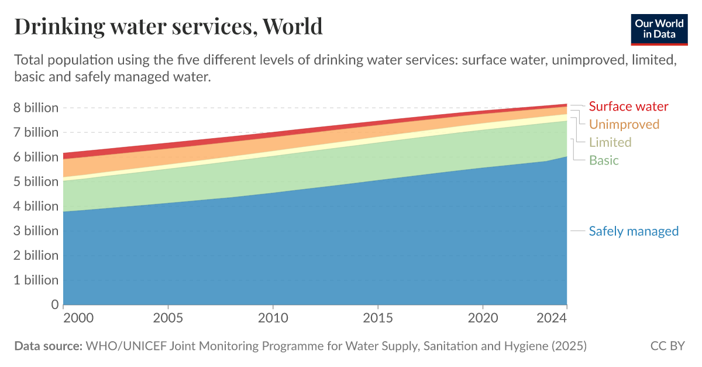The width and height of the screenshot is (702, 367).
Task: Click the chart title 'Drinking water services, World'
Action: coord(168,26)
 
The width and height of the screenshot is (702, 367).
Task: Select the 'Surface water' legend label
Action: coord(628,107)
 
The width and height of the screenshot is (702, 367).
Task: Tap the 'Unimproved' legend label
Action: coord(624,124)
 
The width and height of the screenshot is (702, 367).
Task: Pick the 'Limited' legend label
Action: coord(610,142)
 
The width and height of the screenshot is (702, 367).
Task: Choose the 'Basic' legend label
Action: coord(604,160)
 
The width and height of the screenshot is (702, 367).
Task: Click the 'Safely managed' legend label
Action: coord(634,231)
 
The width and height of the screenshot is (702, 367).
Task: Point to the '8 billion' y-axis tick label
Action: coord(36,108)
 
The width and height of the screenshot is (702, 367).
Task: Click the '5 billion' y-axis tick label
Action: coord(36,181)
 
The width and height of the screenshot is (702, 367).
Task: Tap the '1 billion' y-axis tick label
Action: coord(36,280)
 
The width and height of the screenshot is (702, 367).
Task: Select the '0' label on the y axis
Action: coord(55,304)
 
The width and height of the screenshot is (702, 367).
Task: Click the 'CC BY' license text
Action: coord(667,346)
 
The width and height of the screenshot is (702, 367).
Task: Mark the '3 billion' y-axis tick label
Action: coord(36,231)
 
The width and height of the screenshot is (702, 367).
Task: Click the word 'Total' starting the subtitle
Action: coord(29,60)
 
